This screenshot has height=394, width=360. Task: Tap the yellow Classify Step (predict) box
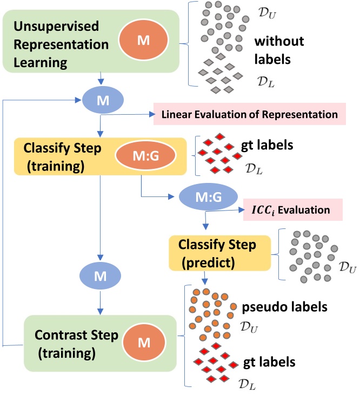(219, 253)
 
